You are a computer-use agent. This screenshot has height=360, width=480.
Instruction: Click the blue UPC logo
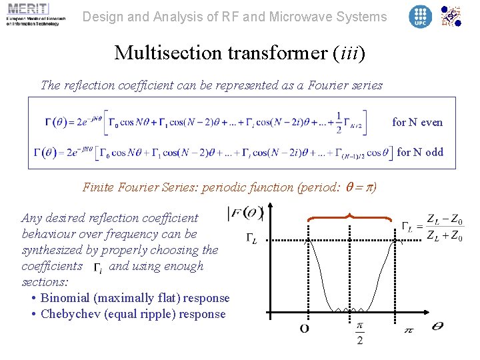point(420,16)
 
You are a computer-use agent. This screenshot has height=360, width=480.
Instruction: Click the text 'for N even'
point(417,122)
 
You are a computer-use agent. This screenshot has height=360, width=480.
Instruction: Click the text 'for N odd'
point(419,152)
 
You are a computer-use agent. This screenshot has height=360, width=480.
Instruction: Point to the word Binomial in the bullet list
point(67,298)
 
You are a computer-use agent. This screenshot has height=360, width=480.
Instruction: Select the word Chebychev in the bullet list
point(71,314)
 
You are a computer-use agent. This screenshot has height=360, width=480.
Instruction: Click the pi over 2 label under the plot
point(360,331)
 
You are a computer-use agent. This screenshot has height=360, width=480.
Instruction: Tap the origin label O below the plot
point(305,328)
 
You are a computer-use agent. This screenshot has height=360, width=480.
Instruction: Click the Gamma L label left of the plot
point(251,239)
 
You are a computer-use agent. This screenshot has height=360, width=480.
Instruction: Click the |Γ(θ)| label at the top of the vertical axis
point(245,213)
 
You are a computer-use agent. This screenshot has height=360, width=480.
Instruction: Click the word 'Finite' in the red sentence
point(98,187)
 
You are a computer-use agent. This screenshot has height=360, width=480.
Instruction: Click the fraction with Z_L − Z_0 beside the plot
point(444,227)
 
